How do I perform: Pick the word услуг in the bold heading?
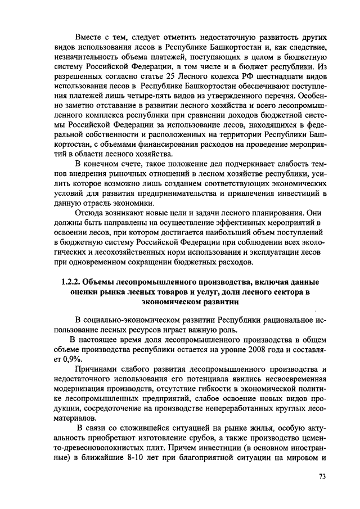(x=209, y=291)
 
